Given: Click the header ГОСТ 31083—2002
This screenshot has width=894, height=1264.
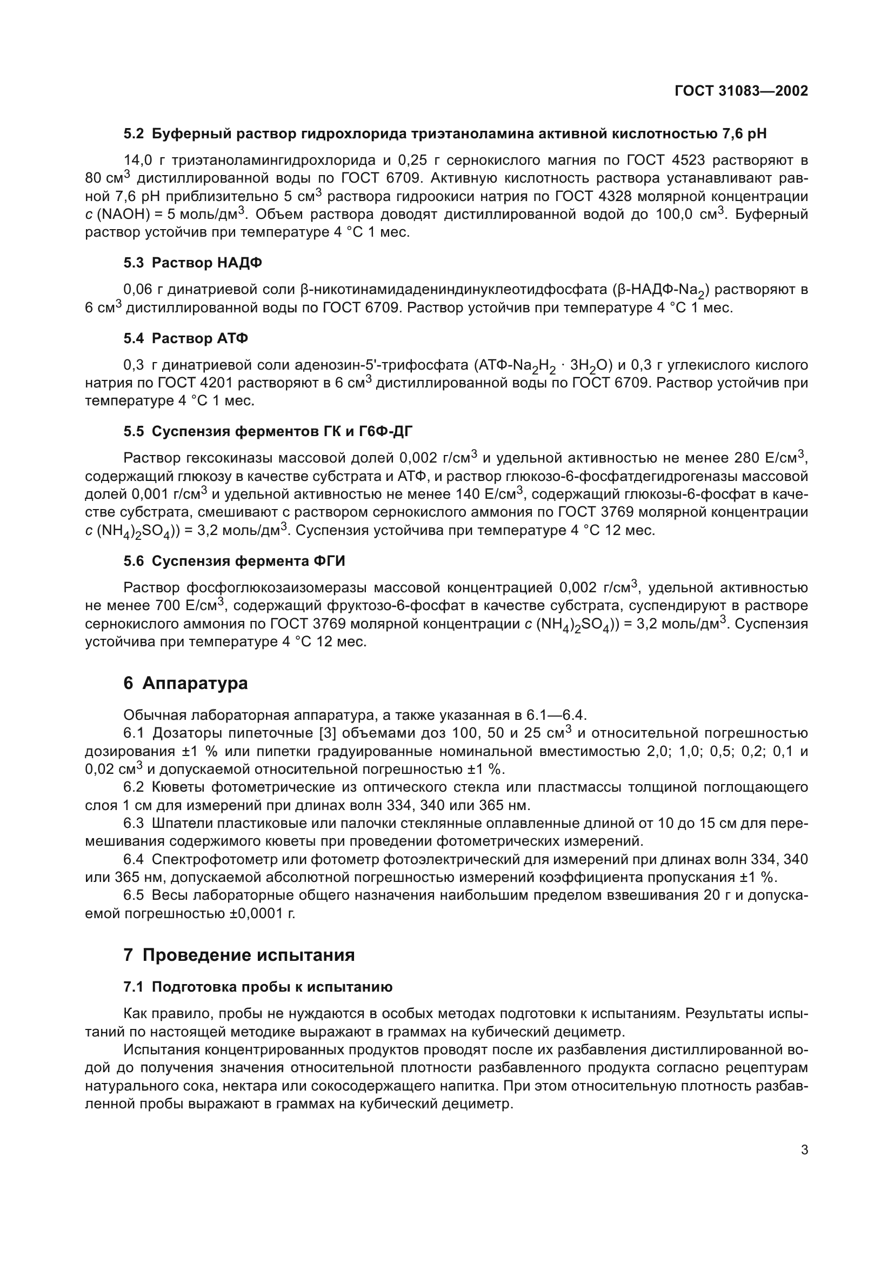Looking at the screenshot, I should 741,91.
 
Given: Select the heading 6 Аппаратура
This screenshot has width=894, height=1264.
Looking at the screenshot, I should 185,683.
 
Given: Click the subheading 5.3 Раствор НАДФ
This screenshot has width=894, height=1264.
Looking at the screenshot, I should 192,263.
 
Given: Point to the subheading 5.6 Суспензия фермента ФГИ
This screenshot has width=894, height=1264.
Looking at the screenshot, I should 235,561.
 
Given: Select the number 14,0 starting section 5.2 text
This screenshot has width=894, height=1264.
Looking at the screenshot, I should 137,160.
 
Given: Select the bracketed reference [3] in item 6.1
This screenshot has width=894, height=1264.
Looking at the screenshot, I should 328,733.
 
